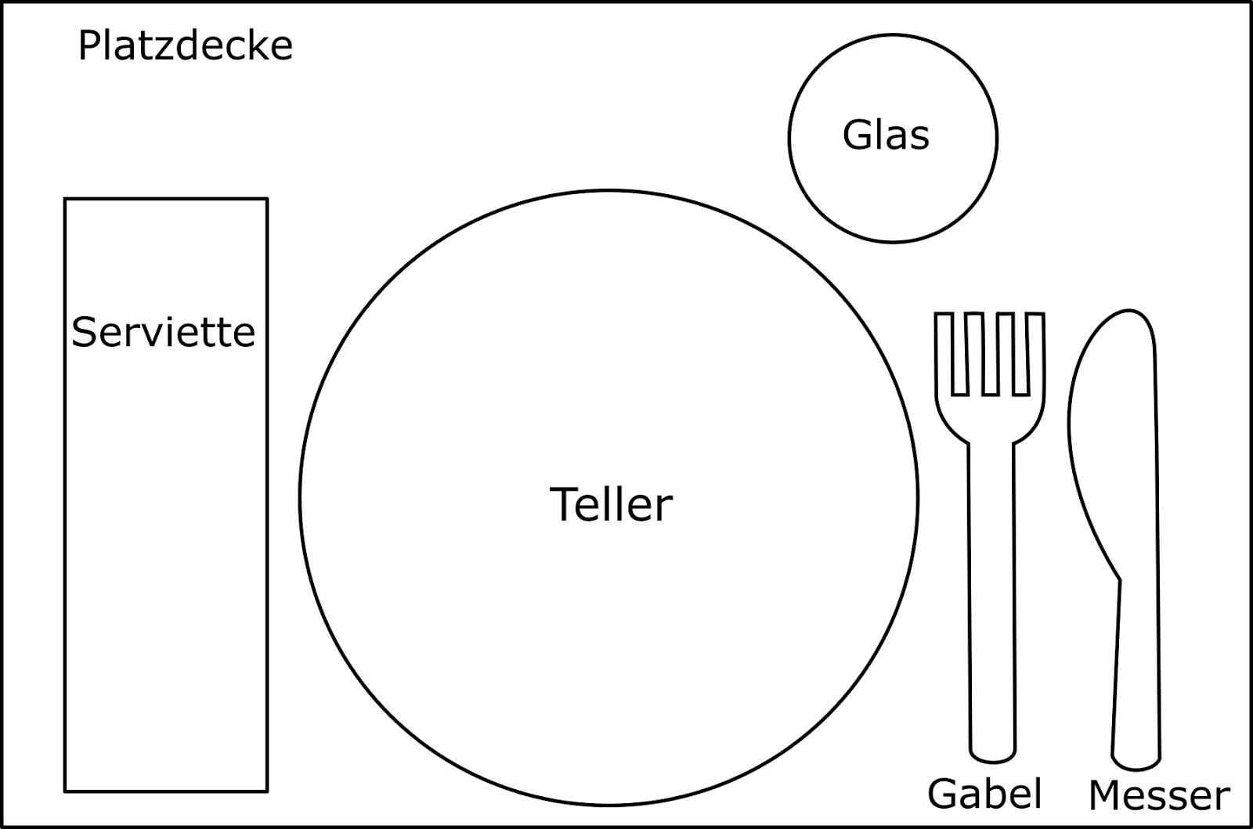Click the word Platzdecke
[x=185, y=46]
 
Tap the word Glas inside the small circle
[x=886, y=135]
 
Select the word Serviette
[x=164, y=332]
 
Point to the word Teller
[x=611, y=504]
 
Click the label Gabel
[x=984, y=794]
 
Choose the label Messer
[x=1159, y=795]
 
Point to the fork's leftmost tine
[x=944, y=352]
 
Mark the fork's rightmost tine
[x=1036, y=352]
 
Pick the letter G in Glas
[x=856, y=135]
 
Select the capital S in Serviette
[x=84, y=332]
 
